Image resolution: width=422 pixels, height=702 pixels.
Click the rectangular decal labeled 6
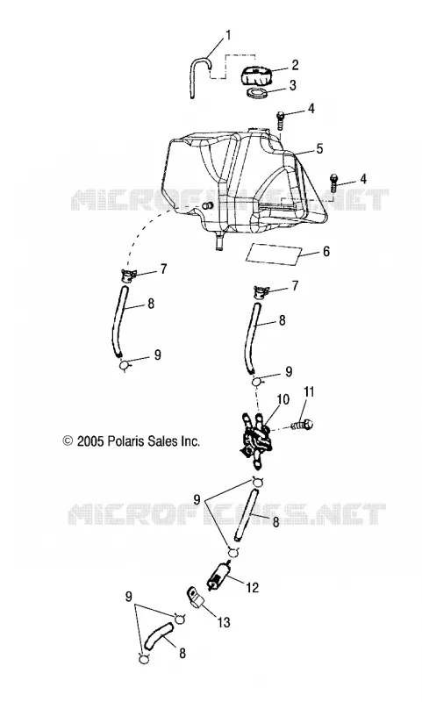[273, 254]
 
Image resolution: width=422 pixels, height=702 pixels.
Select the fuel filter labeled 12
[216, 574]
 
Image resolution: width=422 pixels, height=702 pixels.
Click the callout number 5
[319, 148]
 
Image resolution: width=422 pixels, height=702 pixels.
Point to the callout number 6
[325, 251]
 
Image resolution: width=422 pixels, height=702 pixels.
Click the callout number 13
[224, 622]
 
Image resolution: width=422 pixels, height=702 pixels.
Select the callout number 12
[253, 587]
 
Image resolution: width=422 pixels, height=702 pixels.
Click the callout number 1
[228, 35]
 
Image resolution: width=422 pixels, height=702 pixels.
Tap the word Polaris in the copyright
[125, 441]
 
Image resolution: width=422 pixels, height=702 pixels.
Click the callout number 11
[309, 392]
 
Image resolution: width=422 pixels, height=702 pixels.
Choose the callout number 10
[283, 399]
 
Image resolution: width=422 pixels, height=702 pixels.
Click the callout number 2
[295, 65]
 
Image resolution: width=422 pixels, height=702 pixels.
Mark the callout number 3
[293, 85]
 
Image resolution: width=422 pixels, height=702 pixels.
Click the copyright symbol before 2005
[68, 441]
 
